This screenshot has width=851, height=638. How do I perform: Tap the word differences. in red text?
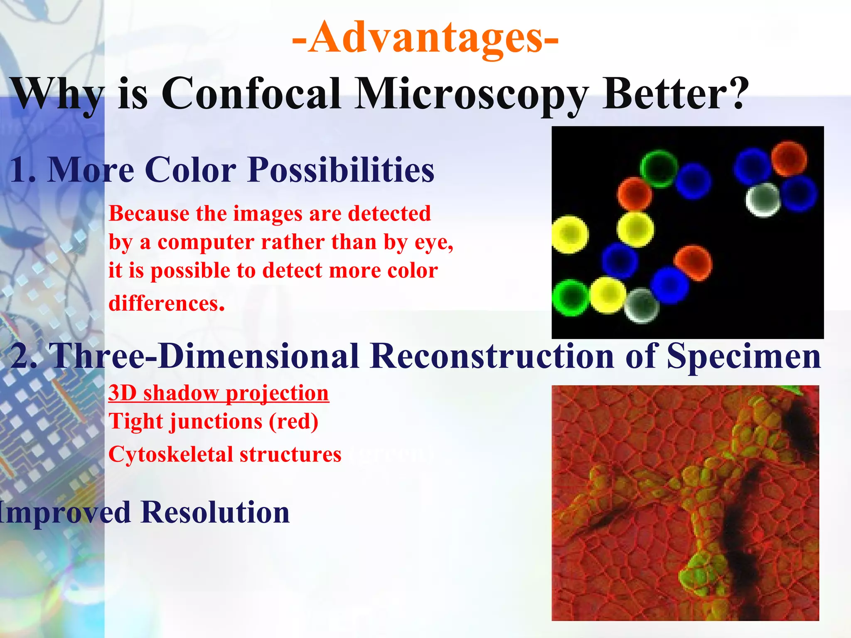(166, 303)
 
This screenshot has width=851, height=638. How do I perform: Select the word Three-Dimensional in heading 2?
(204, 356)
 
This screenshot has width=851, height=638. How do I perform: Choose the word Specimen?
(744, 356)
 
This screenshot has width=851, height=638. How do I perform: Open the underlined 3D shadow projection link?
(219, 393)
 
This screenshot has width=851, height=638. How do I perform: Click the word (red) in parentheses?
(293, 422)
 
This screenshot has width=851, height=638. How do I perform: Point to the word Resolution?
(215, 512)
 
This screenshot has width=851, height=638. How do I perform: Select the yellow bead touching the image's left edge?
(569, 234)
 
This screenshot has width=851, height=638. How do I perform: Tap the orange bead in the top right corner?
(789, 159)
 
